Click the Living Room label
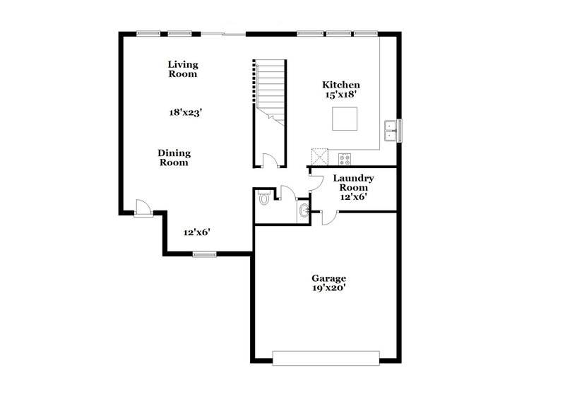click(182, 69)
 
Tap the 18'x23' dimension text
click(186, 112)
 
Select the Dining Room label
click(174, 157)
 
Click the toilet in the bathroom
click(264, 198)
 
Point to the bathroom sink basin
click(303, 210)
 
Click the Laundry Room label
click(353, 183)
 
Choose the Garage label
click(328, 278)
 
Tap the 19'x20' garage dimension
click(328, 288)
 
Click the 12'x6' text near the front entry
click(198, 232)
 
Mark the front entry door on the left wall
click(143, 206)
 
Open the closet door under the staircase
click(270, 160)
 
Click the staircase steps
click(269, 88)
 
